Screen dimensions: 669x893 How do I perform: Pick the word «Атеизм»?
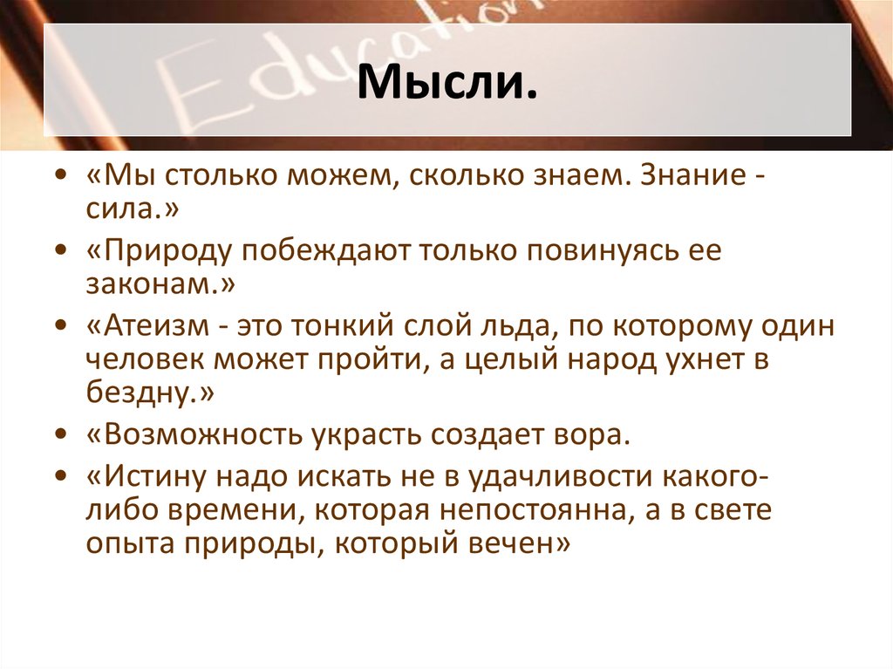click(x=153, y=328)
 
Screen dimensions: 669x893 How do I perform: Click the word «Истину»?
click(x=153, y=477)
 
